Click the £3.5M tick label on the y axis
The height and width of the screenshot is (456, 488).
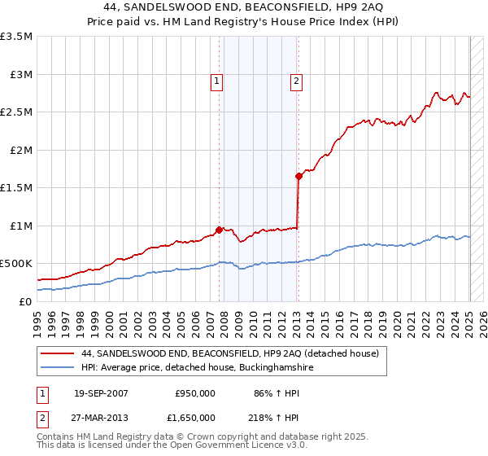16,37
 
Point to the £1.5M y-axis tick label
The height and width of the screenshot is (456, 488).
16,188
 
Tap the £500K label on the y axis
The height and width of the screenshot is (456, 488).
16,264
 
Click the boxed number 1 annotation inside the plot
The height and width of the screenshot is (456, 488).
217,81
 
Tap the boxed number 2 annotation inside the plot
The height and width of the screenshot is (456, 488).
296,81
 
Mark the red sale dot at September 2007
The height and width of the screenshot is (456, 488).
220,230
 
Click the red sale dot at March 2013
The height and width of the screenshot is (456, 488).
298,176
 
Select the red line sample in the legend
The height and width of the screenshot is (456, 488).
59,353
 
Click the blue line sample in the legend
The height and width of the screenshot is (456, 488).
59,368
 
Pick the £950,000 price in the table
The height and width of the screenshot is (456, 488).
195,393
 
